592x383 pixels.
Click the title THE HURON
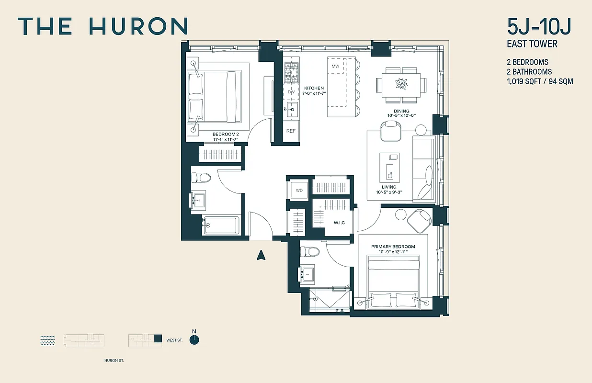tap(102, 26)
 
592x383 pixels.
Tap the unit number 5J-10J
tap(539, 27)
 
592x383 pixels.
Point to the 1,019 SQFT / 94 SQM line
tap(540, 81)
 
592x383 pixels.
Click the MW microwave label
tap(335, 66)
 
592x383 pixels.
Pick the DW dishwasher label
tap(291, 92)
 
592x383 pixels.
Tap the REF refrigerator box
tap(291, 131)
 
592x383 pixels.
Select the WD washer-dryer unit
tap(299, 190)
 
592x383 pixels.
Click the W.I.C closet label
tap(339, 223)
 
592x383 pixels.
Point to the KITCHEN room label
tap(314, 88)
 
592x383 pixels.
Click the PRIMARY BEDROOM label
tap(393, 247)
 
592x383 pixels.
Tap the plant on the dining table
tap(401, 84)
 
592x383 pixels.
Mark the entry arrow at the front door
tap(261, 255)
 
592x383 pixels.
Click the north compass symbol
tap(194, 339)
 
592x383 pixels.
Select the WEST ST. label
tap(174, 340)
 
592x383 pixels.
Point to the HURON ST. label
tap(114, 360)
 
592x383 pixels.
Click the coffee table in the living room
tap(389, 165)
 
